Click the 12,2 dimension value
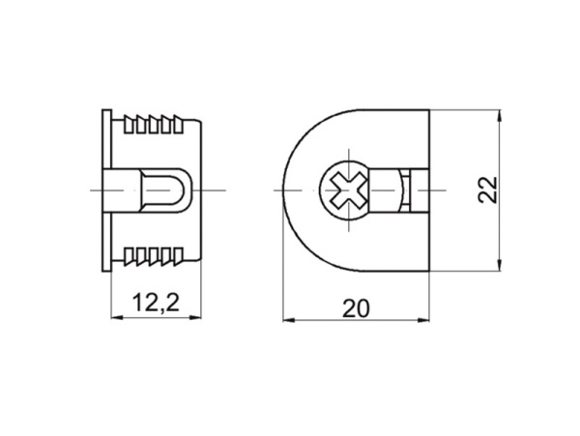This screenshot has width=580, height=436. coord(156,303)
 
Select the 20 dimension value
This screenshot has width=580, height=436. coord(356,308)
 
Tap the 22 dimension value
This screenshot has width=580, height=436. coord(487,189)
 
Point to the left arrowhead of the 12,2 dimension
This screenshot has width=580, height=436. coord(117,317)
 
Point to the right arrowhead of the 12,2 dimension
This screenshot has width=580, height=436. coord(195,317)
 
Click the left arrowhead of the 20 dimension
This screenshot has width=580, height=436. coord(289,320)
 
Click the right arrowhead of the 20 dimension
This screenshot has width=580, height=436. coord(423,320)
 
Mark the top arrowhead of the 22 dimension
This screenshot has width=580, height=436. coord(500,116)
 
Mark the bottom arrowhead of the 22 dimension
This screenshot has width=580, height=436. coord(500,265)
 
